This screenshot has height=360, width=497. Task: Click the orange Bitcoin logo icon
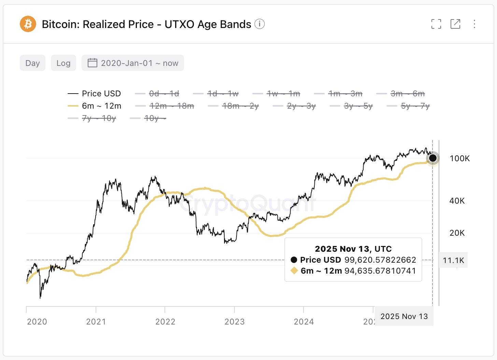[28, 24]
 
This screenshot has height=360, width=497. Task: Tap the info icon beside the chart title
[259, 24]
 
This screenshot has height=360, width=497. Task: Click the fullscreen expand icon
[436, 24]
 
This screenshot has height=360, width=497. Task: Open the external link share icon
[455, 24]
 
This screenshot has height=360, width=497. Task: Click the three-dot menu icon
[474, 24]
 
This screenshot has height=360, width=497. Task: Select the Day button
[32, 63]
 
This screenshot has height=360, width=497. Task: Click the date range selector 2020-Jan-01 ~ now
[133, 63]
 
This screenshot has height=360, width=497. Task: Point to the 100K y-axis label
[459, 158]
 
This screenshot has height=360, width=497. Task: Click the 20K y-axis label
[457, 233]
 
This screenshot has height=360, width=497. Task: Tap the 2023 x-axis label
[235, 322]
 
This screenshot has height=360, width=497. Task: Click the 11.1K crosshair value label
[453, 260]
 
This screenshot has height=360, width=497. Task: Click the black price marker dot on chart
[432, 158]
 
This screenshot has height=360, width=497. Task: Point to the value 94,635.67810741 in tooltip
[380, 271]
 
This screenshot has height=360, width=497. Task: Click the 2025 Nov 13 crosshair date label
[404, 316]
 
